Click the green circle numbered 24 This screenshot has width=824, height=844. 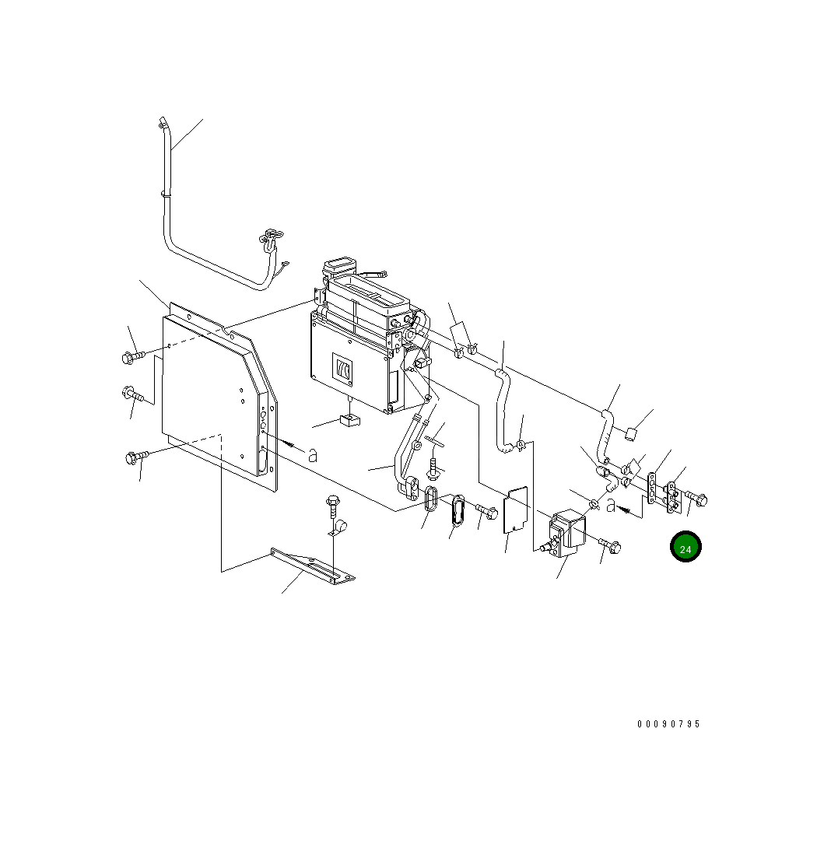(x=685, y=546)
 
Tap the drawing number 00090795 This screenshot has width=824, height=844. (x=668, y=724)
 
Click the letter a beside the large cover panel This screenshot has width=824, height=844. (x=312, y=455)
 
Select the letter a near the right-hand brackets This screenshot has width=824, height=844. (x=611, y=506)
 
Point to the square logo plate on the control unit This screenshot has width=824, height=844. (x=342, y=368)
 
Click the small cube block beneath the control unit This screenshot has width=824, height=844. (x=351, y=419)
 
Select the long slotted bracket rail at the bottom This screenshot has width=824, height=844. (x=313, y=566)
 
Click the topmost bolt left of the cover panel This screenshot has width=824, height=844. (x=133, y=357)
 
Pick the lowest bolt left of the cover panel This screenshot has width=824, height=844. (x=135, y=457)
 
